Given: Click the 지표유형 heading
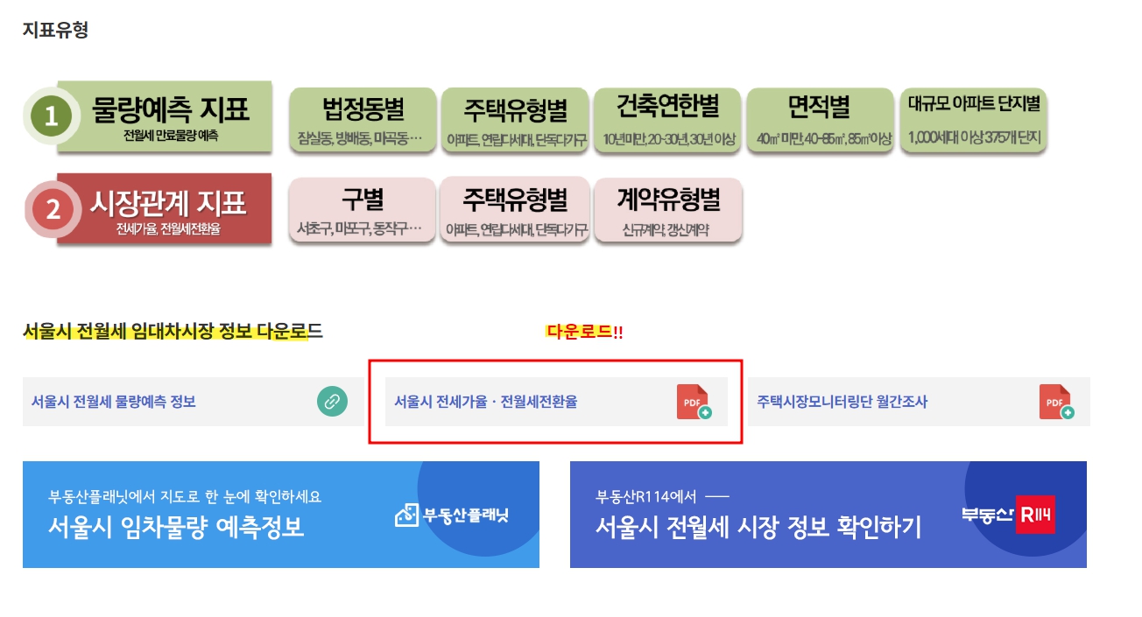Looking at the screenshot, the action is (55, 30).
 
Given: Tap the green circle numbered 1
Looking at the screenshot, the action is (52, 116).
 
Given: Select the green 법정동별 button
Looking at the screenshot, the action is (362, 120).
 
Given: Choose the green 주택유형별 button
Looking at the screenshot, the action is (515, 120).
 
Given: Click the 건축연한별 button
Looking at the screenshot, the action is (667, 120).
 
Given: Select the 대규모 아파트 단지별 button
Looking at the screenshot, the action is (973, 120).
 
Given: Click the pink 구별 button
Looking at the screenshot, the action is (362, 211).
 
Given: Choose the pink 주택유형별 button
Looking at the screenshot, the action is (515, 211).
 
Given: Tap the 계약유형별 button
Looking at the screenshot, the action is (667, 211).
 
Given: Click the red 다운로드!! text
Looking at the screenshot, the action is (584, 333).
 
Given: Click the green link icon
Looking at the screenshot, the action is (332, 402).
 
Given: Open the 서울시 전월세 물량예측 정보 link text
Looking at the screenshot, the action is (114, 402).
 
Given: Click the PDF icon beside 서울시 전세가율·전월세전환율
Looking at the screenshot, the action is (694, 402).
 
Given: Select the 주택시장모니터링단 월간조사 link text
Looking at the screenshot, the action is (842, 402).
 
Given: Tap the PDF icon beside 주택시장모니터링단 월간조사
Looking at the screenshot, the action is (1055, 402).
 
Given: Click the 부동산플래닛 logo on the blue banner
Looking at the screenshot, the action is (452, 515).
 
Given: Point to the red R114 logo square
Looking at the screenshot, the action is (1035, 515).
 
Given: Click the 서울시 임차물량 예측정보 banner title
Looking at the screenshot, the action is (177, 527).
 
